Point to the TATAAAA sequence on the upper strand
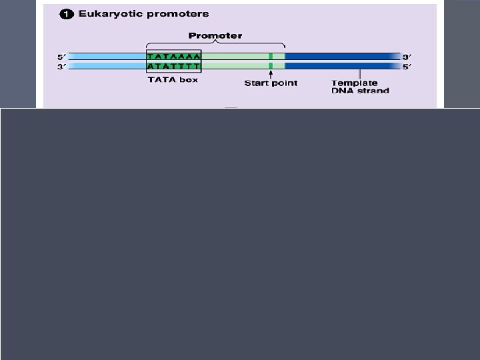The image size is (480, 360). click(173, 57)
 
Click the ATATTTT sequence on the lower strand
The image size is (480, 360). click(173, 66)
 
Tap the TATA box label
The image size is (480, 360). click(173, 80)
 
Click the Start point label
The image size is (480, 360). click(271, 83)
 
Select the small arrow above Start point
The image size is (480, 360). click(271, 74)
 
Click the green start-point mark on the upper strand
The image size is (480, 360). click(271, 57)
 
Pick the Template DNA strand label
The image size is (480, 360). click(360, 87)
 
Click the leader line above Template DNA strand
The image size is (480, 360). click(360, 74)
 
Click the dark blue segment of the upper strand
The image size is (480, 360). click(340, 57)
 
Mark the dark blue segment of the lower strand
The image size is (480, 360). click(340, 66)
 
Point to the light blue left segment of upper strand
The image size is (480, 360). click(107, 57)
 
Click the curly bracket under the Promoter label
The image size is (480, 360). click(215, 45)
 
